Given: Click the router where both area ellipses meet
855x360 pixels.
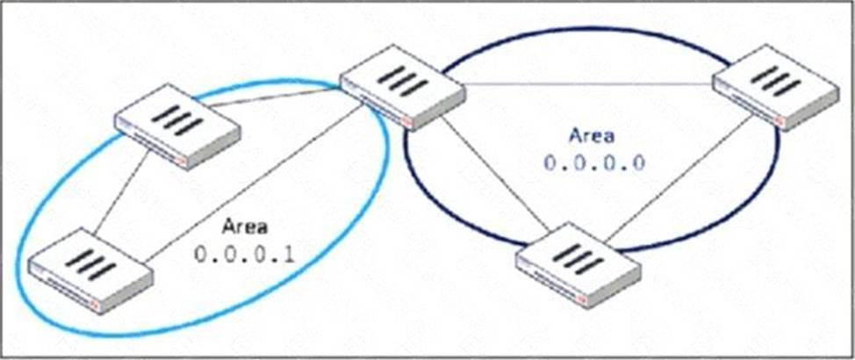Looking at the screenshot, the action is click(403, 87).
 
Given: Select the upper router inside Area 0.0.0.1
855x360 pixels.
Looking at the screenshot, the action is click(177, 126).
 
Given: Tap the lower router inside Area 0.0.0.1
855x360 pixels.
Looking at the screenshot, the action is click(90, 270).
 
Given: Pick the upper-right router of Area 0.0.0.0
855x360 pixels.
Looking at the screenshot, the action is click(775, 87).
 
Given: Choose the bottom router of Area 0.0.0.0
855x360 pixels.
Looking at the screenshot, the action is click(578, 265).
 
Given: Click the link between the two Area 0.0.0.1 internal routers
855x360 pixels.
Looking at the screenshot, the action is click(122, 194).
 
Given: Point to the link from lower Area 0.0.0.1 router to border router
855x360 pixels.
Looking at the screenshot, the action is click(255, 182).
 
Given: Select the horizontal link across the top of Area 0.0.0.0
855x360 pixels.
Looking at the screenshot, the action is click(589, 84).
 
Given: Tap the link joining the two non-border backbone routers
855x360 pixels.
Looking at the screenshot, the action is click(679, 178).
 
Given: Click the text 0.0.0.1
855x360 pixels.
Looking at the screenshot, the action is click(245, 256).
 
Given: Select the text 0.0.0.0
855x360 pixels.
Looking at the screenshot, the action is click(594, 162).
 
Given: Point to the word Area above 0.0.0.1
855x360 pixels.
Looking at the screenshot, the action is click(245, 227).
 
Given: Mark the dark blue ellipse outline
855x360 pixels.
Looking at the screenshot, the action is click(592, 28).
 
